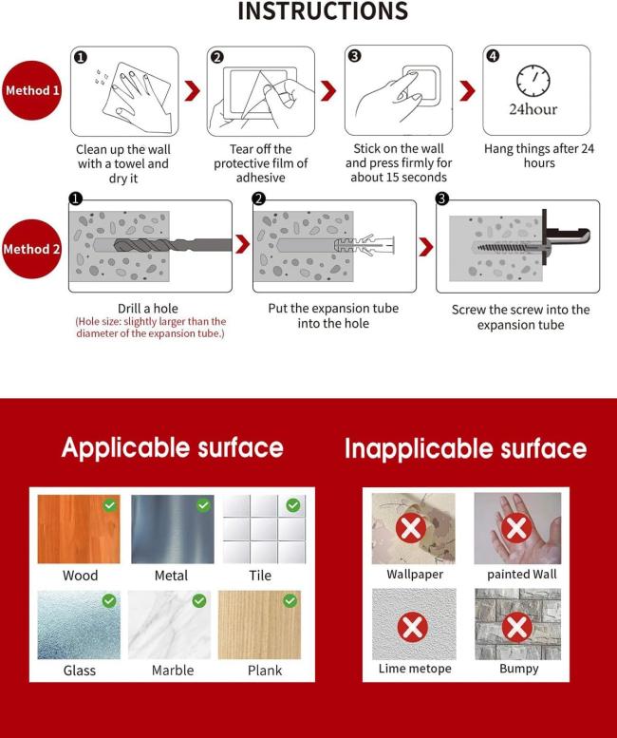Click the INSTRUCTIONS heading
click(x=323, y=10)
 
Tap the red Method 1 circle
click(x=32, y=90)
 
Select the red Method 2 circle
click(x=32, y=249)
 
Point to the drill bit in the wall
click(x=173, y=245)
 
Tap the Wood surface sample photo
click(x=79, y=529)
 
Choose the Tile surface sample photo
click(x=264, y=529)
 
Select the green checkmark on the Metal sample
click(x=203, y=505)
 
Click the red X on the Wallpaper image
click(x=411, y=528)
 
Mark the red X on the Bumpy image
click(x=517, y=628)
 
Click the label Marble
click(x=173, y=671)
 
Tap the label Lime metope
click(x=415, y=669)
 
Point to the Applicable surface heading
click(x=173, y=447)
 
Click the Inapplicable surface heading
click(x=465, y=448)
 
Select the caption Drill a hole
click(x=148, y=309)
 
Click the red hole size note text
click(x=151, y=328)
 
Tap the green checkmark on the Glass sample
click(x=109, y=600)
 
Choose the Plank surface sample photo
click(x=259, y=625)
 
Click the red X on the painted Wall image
click(x=516, y=527)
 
